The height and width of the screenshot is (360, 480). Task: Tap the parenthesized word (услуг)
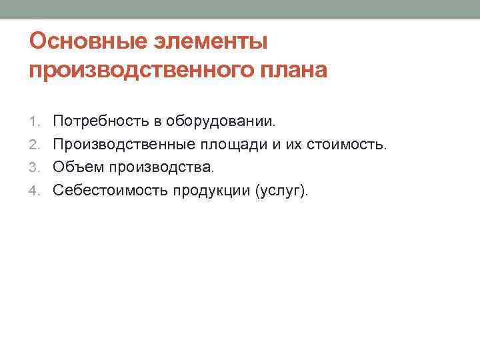tap(282, 191)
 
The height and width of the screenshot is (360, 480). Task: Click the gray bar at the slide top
tap(240, 9)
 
